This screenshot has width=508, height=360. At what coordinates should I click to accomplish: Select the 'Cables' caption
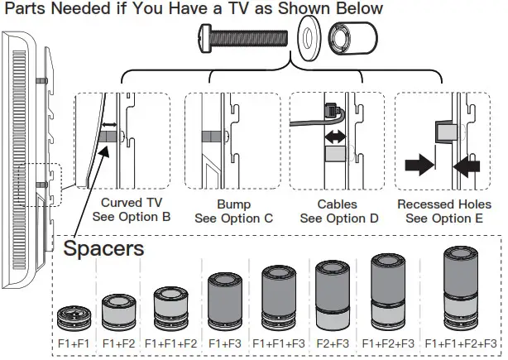point(337,204)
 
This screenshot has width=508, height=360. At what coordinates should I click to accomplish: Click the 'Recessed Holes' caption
point(443,204)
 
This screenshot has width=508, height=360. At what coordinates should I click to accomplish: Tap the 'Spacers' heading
point(104,247)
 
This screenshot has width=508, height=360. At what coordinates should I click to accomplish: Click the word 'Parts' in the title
point(26,9)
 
